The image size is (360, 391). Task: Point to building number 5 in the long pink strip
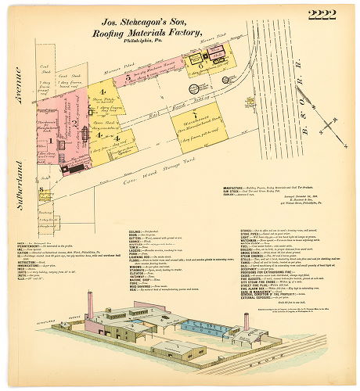[x=128, y=78]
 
